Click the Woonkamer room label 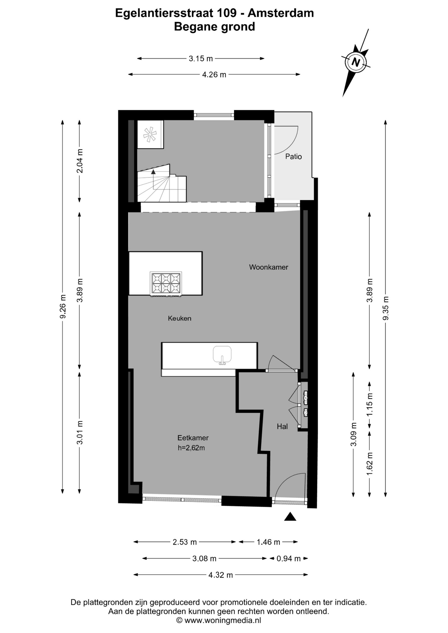point(269,267)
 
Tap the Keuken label point(179,318)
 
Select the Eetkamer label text point(193,438)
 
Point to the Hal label point(282,427)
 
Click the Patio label point(294,157)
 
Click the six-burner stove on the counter point(166,284)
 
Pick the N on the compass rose point(356,62)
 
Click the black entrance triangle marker point(290,517)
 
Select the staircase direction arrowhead point(153,171)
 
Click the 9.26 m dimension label point(63,307)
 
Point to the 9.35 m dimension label point(385,308)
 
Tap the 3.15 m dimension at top point(201,59)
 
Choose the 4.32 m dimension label point(221,575)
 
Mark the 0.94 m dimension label point(289,558)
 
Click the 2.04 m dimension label point(80,161)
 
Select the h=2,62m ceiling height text point(191,448)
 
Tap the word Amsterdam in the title point(281,13)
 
